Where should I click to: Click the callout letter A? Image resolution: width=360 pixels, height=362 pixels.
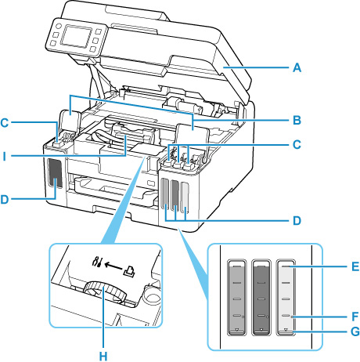(297, 67)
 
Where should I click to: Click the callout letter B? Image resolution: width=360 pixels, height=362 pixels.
(297, 121)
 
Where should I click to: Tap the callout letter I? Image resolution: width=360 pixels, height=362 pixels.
(4, 157)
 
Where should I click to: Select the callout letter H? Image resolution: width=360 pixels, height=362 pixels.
(103, 357)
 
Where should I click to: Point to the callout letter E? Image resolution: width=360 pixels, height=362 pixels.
(355, 266)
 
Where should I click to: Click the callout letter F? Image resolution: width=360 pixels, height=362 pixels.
(355, 317)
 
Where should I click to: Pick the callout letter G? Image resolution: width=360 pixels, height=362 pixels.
(355, 331)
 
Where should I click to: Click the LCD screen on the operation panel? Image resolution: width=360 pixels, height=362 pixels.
(76, 37)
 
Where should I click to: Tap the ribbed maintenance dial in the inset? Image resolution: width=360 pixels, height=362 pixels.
(105, 291)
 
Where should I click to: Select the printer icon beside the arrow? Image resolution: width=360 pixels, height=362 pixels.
(130, 271)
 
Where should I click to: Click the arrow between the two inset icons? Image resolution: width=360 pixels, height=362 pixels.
(113, 266)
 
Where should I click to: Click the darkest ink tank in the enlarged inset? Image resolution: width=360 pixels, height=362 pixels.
(261, 297)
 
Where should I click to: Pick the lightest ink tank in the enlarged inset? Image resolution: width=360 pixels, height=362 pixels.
(286, 297)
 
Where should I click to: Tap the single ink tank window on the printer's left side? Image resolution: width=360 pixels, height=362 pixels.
(56, 173)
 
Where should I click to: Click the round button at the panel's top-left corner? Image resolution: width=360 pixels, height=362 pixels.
(58, 27)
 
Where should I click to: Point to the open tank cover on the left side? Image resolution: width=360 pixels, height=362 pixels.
(70, 121)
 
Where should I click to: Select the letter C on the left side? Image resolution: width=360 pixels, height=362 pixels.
(5, 122)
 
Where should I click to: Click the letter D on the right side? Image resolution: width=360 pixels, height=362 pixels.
(297, 221)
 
